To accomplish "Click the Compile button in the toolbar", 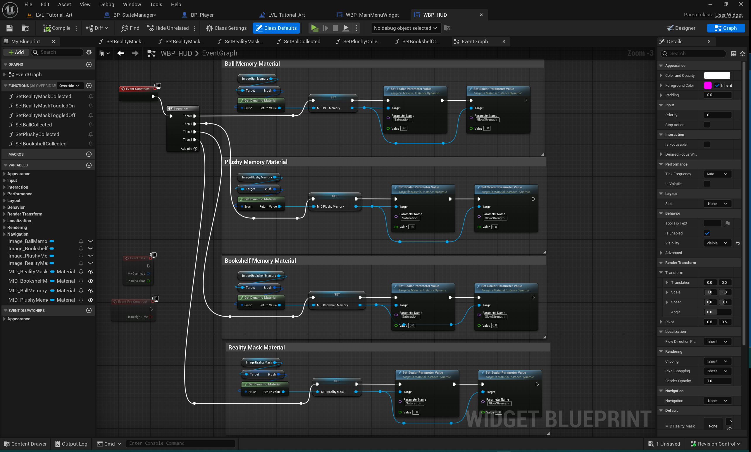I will point(57,28).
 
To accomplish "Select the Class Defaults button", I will point(276,28).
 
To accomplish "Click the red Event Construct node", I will point(137,89).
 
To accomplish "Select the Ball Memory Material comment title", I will point(252,64).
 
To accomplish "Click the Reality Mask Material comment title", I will point(256,347).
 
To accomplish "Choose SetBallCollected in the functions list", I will point(34,125).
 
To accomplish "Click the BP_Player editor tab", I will point(202,15).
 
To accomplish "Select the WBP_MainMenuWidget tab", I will point(372,15).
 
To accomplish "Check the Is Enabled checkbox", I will point(707,233).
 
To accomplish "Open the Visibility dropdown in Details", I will point(717,243).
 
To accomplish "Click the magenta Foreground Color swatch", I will point(707,85).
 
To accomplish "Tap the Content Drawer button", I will point(26,444).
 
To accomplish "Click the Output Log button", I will point(71,444).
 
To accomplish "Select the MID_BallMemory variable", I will point(28,291).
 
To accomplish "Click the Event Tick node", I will point(137,258).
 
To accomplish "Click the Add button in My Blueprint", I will point(16,52).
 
